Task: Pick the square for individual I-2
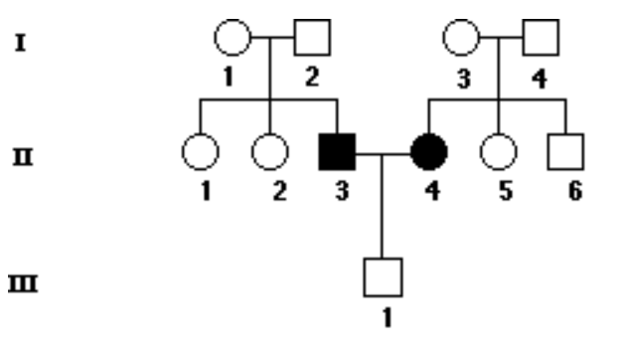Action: [x=314, y=39]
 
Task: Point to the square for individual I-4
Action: [x=542, y=39]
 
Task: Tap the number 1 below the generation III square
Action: [x=383, y=320]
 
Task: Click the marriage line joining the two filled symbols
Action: [x=383, y=153]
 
